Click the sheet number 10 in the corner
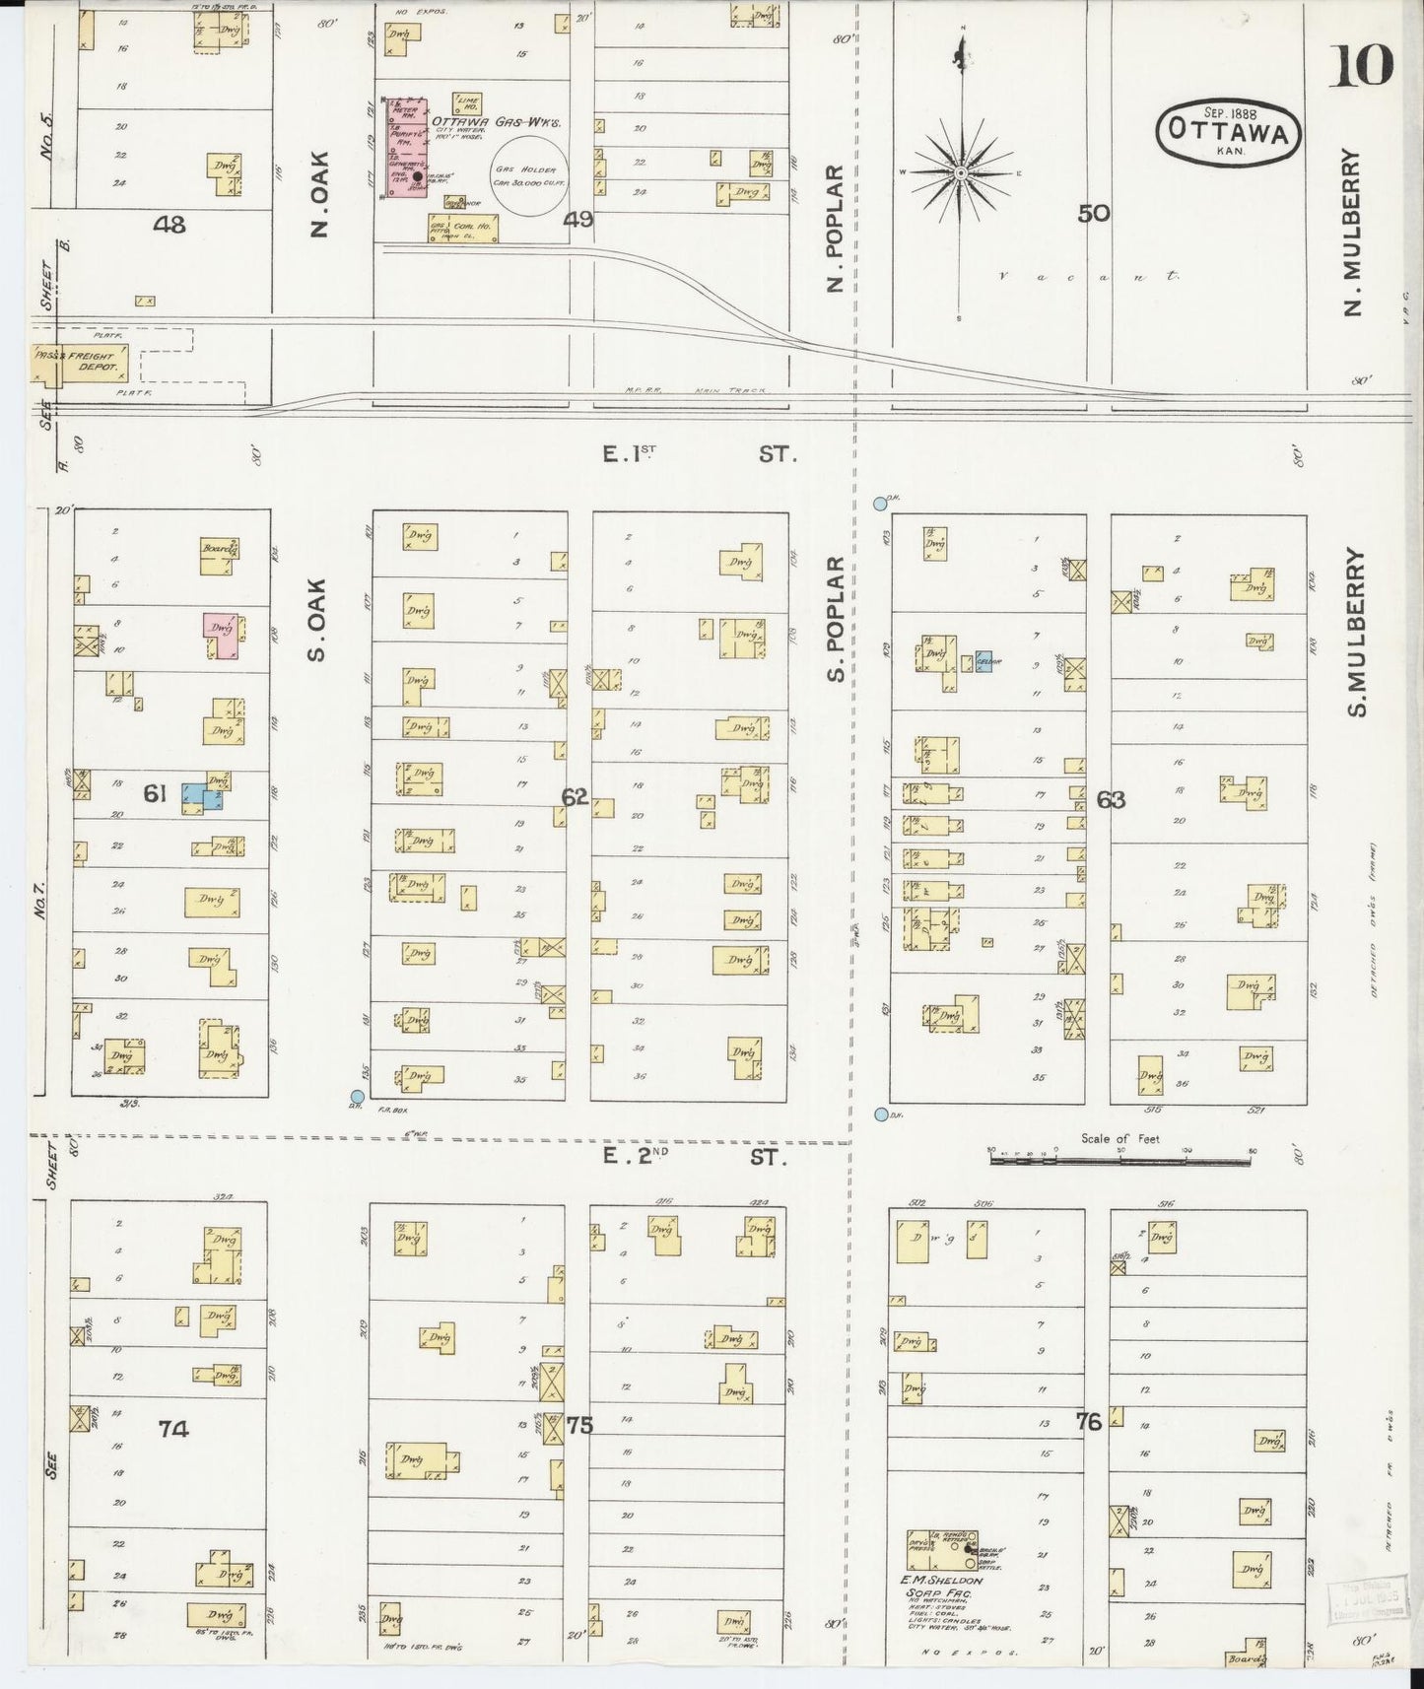(x=1364, y=66)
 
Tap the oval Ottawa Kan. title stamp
(x=1229, y=131)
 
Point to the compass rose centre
(x=960, y=173)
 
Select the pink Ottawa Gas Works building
(x=405, y=148)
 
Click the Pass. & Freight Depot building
(x=78, y=364)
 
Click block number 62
(x=575, y=796)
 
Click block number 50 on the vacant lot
(x=1093, y=213)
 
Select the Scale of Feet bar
(x=1119, y=1160)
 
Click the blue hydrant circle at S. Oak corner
(x=358, y=1096)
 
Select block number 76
(x=1088, y=1422)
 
